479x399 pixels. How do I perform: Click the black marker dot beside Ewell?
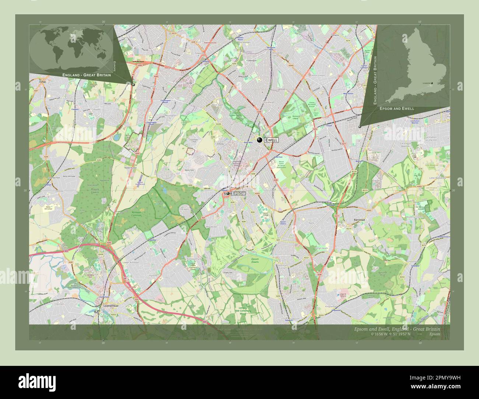pyautogui.click(x=260, y=140)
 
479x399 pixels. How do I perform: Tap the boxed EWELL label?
pyautogui.click(x=272, y=140)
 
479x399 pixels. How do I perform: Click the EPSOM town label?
pyautogui.click(x=238, y=194)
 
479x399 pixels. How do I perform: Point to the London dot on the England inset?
pyautogui.click(x=432, y=83)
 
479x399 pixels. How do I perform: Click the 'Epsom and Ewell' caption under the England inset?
pyautogui.click(x=396, y=109)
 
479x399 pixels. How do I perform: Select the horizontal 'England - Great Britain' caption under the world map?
pyautogui.click(x=87, y=75)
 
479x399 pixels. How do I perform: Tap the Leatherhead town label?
pyautogui.click(x=107, y=306)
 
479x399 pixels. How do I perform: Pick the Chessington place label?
pyautogui.click(x=170, y=116)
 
